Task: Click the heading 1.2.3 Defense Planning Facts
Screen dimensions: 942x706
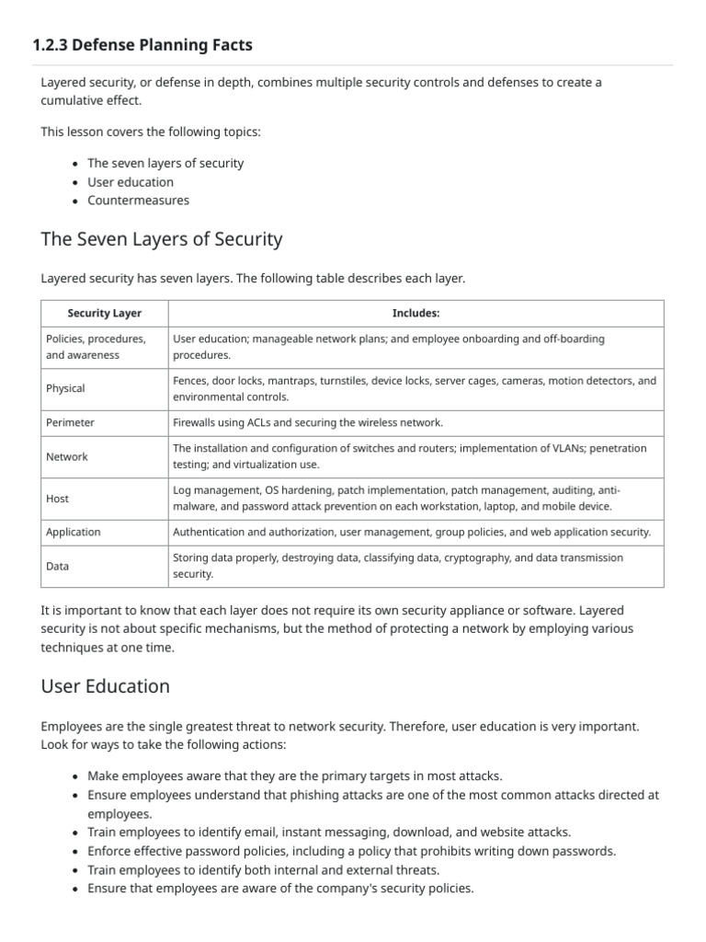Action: click(x=142, y=44)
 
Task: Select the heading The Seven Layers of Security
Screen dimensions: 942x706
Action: click(x=162, y=239)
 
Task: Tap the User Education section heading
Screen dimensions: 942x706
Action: click(x=106, y=686)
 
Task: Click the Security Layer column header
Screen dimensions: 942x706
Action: click(x=105, y=314)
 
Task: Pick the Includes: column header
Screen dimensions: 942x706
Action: click(x=416, y=314)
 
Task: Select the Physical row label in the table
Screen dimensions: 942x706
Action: click(x=65, y=388)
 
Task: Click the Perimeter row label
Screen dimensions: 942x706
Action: click(x=70, y=422)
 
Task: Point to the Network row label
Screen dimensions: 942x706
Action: click(x=67, y=456)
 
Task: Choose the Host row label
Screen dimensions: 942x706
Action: click(x=57, y=498)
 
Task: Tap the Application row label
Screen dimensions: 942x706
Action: click(x=74, y=532)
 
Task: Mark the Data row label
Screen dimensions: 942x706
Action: click(x=57, y=566)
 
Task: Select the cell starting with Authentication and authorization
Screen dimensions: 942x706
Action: click(x=412, y=532)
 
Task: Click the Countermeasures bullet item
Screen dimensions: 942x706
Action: click(x=138, y=200)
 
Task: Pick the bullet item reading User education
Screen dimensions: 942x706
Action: click(x=131, y=181)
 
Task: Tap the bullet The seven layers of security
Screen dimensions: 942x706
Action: click(x=165, y=163)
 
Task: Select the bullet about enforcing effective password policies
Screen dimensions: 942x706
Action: click(x=351, y=851)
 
